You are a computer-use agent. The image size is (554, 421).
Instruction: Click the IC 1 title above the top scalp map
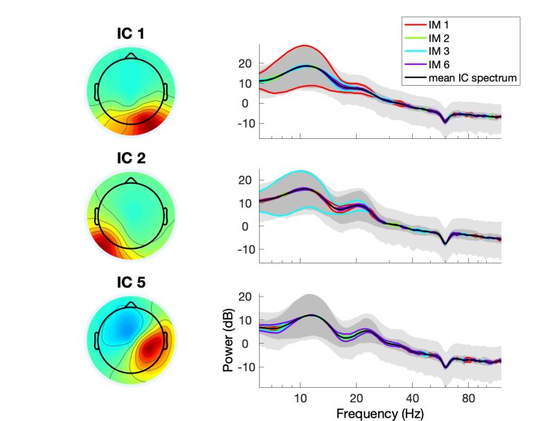(132, 34)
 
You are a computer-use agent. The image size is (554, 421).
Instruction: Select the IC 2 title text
(132, 159)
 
